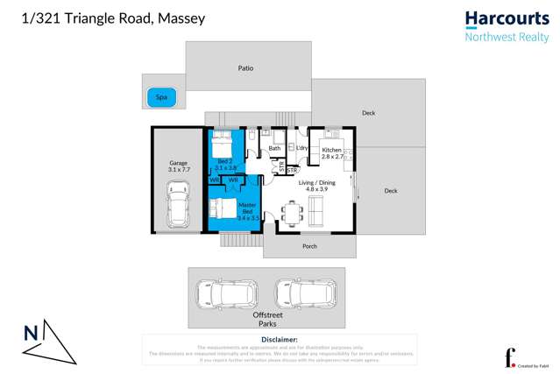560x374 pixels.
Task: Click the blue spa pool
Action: [x=161, y=97]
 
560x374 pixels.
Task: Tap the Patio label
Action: [x=246, y=67]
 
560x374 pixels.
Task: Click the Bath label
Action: [x=274, y=149]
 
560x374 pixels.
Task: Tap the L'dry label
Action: [x=301, y=148]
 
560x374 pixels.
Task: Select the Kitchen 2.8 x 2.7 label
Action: [x=332, y=153]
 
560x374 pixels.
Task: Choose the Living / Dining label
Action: [x=311, y=186]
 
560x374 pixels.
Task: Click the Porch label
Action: [x=309, y=246]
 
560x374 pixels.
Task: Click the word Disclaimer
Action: [x=280, y=339]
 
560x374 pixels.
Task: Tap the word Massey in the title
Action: [x=181, y=18]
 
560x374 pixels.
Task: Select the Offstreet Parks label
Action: [x=267, y=319]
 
